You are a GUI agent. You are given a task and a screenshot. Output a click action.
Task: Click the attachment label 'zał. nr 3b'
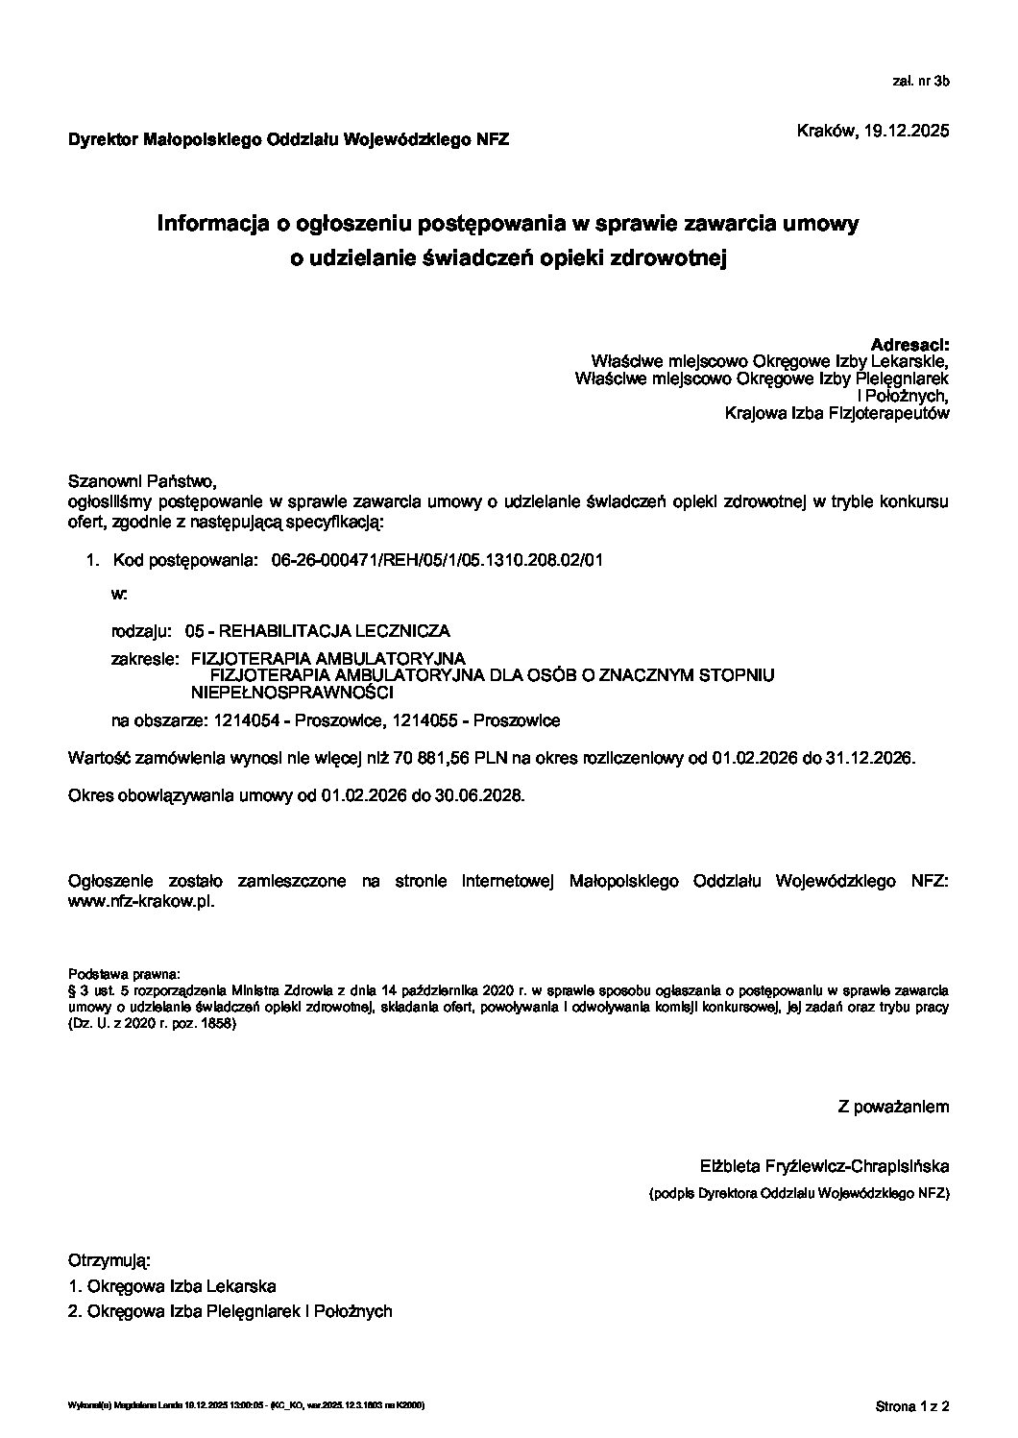coord(920,83)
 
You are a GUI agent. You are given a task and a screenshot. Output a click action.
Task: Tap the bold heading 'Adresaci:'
coord(909,344)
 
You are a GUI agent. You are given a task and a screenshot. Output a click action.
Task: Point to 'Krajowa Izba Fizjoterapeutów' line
coord(837,414)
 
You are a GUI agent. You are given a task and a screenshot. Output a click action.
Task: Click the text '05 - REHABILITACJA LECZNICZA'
coord(318,631)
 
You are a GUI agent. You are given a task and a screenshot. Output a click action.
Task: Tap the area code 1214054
coord(242,720)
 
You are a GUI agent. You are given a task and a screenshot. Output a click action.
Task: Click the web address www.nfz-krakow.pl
coord(141,903)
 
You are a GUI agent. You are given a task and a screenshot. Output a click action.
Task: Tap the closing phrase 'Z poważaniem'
coord(893,1107)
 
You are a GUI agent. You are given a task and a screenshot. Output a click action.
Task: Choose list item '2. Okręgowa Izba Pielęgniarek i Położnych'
coord(230,1311)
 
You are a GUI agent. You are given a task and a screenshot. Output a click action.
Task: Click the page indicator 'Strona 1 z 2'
coord(911,1407)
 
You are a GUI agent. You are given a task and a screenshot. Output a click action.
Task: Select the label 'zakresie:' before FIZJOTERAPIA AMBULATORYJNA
coord(144,659)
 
